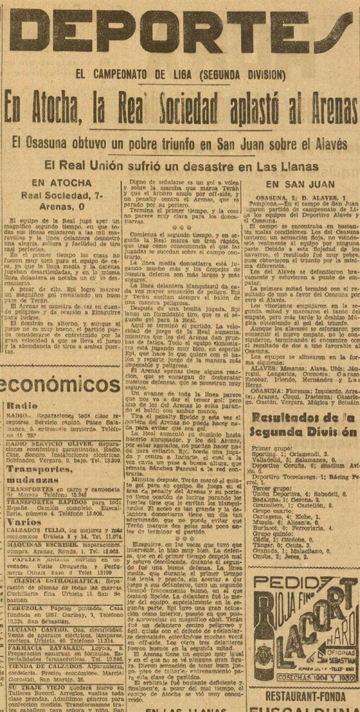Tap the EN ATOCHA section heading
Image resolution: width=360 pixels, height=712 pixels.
coord(62,183)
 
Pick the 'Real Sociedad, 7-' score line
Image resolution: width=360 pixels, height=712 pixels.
coord(62,195)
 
